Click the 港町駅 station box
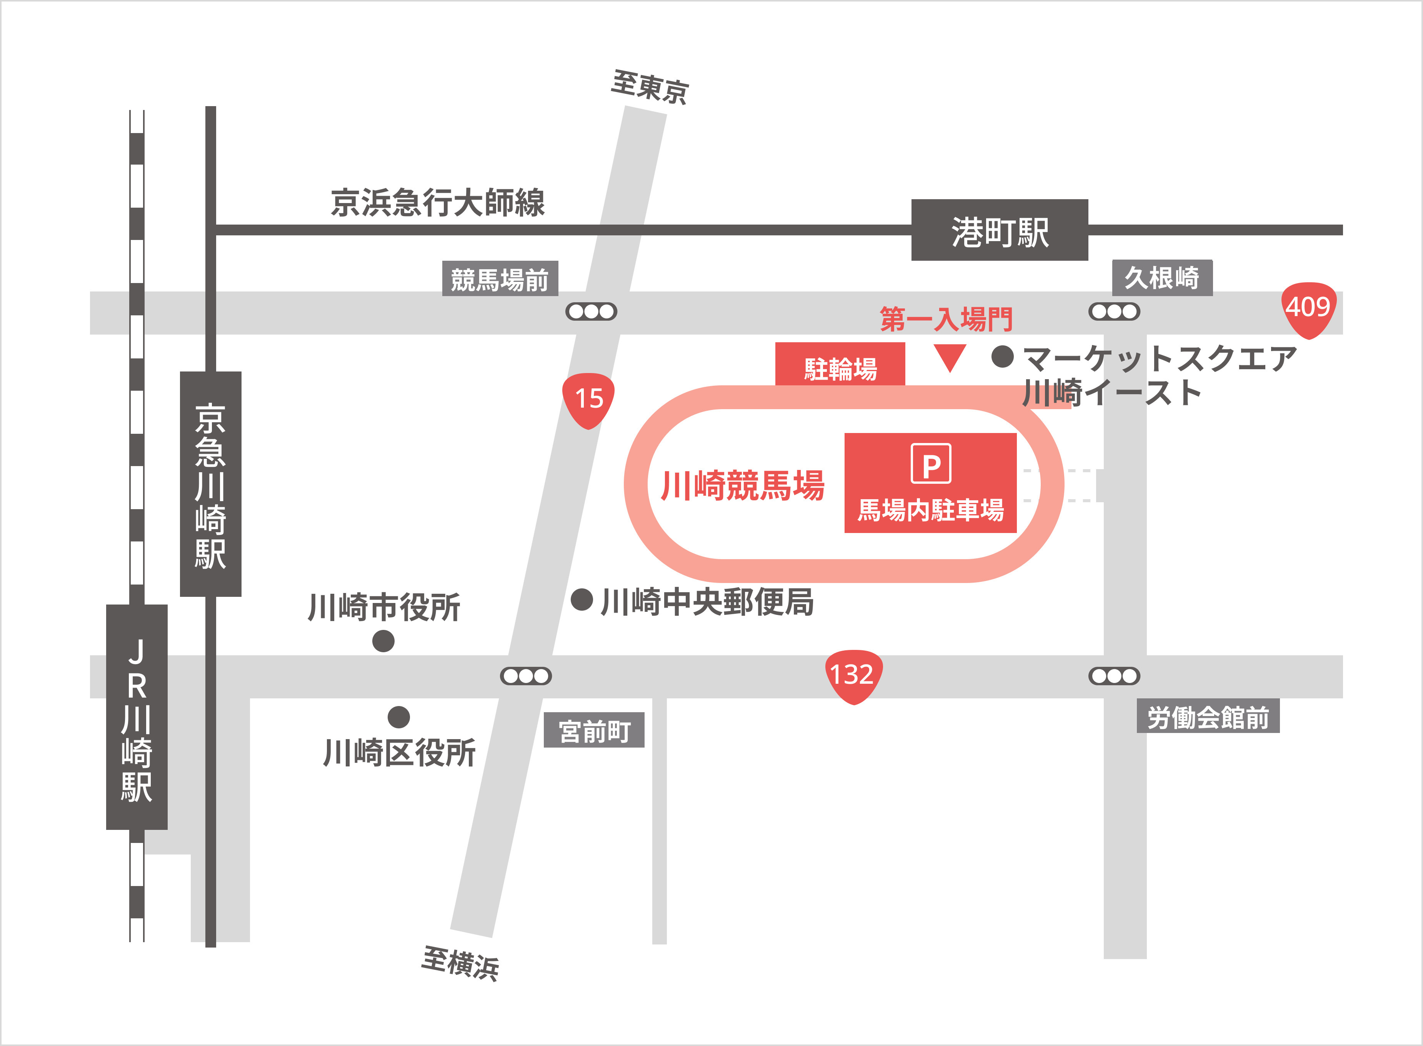[x=999, y=230]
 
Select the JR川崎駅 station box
[x=137, y=717]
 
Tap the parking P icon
[x=930, y=464]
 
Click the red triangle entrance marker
[x=950, y=356]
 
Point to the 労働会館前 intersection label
[x=1208, y=717]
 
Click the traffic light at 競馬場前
[x=591, y=311]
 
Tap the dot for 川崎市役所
[x=383, y=641]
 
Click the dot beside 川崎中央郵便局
[x=582, y=599]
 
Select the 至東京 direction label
[x=650, y=87]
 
